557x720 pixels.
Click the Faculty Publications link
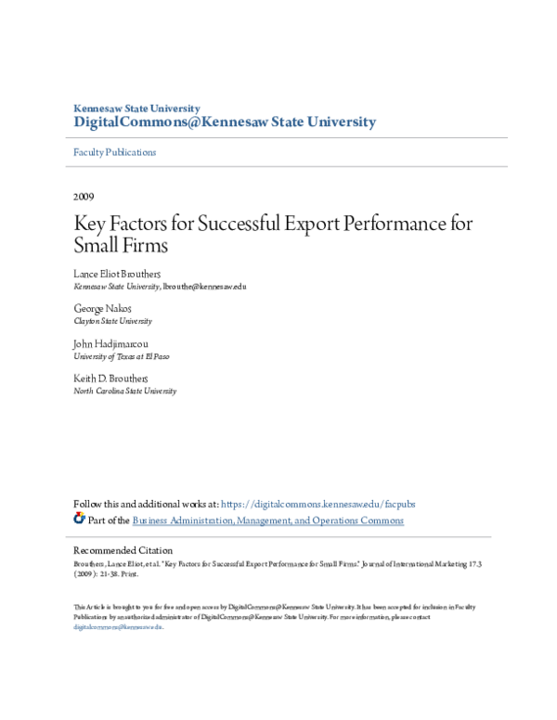tap(115, 152)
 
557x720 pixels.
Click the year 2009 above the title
tap(84, 197)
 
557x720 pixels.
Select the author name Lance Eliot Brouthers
tap(116, 275)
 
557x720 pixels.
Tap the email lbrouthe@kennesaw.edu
tap(204, 287)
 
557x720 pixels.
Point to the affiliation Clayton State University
tap(112, 321)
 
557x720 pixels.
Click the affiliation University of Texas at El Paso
tap(122, 356)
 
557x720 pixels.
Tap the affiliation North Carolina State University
tap(124, 391)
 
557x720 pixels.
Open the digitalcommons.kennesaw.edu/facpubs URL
tap(318, 504)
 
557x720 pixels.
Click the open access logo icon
tap(79, 519)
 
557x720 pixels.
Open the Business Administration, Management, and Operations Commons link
tap(268, 521)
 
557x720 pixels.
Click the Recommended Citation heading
tap(123, 550)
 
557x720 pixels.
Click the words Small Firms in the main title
tap(121, 247)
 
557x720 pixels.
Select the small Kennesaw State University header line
tap(136, 109)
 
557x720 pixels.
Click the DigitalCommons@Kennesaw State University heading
tap(225, 122)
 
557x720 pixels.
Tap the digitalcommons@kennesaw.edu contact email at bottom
tap(118, 627)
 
